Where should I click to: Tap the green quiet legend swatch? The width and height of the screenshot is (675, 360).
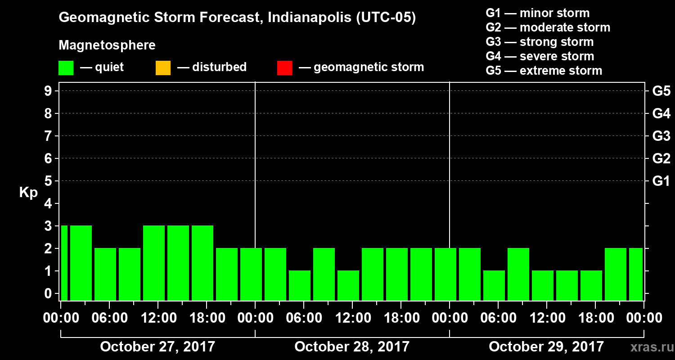pyautogui.click(x=66, y=67)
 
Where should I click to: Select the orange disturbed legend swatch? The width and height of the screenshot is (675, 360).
pyautogui.click(x=163, y=67)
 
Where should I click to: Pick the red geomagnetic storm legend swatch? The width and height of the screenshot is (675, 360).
pyautogui.click(x=284, y=67)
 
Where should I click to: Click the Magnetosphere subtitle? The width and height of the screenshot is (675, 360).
pyautogui.click(x=107, y=45)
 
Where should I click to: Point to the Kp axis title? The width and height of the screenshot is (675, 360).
pyautogui.click(x=28, y=193)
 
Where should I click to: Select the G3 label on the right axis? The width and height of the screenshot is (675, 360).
pyautogui.click(x=661, y=136)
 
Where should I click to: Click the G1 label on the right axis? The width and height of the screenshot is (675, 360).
pyautogui.click(x=661, y=181)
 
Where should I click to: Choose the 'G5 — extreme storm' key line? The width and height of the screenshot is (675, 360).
pyautogui.click(x=544, y=71)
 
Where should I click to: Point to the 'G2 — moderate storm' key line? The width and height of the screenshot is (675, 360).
pyautogui.click(x=548, y=27)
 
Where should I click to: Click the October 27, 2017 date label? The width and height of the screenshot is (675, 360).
pyautogui.click(x=157, y=347)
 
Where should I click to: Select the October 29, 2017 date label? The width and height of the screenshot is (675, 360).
pyautogui.click(x=546, y=347)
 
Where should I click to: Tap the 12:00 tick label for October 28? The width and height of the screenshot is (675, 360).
pyautogui.click(x=352, y=318)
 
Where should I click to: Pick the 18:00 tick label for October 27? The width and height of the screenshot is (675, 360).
pyautogui.click(x=207, y=318)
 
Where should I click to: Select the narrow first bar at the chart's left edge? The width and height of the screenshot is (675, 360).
pyautogui.click(x=64, y=263)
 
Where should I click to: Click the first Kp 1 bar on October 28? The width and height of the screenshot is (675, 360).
pyautogui.click(x=300, y=285)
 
